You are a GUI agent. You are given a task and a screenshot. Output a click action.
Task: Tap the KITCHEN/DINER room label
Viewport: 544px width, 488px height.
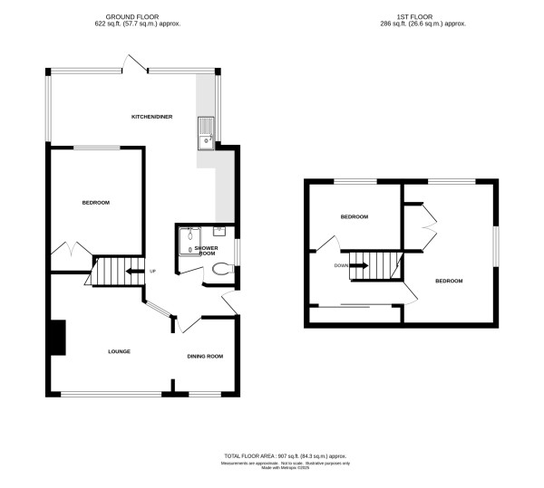[151, 118]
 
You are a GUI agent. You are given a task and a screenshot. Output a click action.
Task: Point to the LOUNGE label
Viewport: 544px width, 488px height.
[120, 351]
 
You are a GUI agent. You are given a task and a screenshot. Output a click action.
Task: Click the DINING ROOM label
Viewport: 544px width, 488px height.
[205, 356]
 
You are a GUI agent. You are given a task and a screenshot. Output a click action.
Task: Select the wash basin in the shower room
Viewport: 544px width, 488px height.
[221, 230]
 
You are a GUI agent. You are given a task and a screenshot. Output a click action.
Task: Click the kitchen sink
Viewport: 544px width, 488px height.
[206, 132]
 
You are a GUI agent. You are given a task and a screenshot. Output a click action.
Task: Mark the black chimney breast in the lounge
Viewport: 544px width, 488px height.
[57, 338]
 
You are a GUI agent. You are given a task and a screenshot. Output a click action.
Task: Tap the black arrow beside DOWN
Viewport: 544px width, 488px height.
[358, 265]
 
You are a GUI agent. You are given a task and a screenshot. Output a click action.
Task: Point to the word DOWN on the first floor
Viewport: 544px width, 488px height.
[340, 265]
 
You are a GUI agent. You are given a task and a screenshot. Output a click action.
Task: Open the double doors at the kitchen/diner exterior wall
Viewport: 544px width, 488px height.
[136, 63]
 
